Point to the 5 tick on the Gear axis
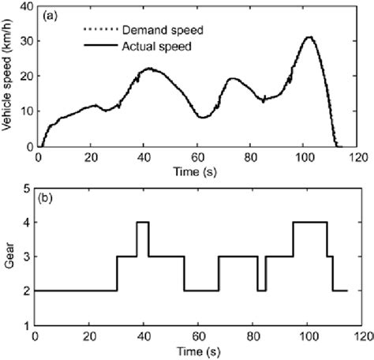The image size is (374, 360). tap(28, 188)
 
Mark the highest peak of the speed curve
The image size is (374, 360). tap(309, 37)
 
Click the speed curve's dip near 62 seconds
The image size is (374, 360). tap(203, 117)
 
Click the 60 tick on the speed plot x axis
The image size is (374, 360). tap(197, 156)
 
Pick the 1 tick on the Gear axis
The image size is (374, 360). tap(28, 324)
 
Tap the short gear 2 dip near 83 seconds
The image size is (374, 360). tap(261, 290)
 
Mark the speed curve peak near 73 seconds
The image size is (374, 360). tap(232, 78)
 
